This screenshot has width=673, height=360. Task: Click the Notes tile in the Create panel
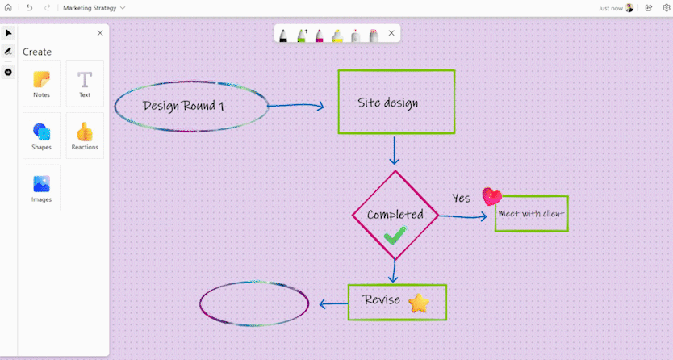pyautogui.click(x=41, y=83)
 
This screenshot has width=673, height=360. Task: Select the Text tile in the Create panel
pyautogui.click(x=85, y=83)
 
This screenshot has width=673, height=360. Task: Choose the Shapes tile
pyautogui.click(x=41, y=135)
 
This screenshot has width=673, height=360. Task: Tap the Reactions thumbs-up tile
pyautogui.click(x=85, y=135)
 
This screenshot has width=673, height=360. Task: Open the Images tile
pyautogui.click(x=41, y=187)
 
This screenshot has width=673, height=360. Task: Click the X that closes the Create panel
pyautogui.click(x=100, y=33)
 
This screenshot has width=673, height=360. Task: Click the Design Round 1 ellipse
pyautogui.click(x=191, y=106)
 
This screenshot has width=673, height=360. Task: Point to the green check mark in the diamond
pyautogui.click(x=395, y=235)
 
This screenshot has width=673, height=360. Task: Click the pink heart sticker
pyautogui.click(x=491, y=197)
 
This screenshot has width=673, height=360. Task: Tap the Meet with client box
pyautogui.click(x=531, y=214)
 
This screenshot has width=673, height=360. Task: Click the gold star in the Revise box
pyautogui.click(x=419, y=303)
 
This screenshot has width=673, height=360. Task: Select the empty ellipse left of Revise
pyautogui.click(x=254, y=304)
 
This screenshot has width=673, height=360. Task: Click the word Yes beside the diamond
pyautogui.click(x=461, y=198)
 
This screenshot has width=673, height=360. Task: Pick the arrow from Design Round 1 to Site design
pyautogui.click(x=295, y=106)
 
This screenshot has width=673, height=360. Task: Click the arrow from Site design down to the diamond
pyautogui.click(x=395, y=151)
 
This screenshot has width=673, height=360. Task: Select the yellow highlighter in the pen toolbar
pyautogui.click(x=337, y=35)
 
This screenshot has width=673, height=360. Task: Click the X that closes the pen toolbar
pyautogui.click(x=391, y=33)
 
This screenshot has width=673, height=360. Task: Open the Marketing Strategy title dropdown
pyautogui.click(x=94, y=7)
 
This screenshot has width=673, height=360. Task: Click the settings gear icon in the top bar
pyautogui.click(x=666, y=7)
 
